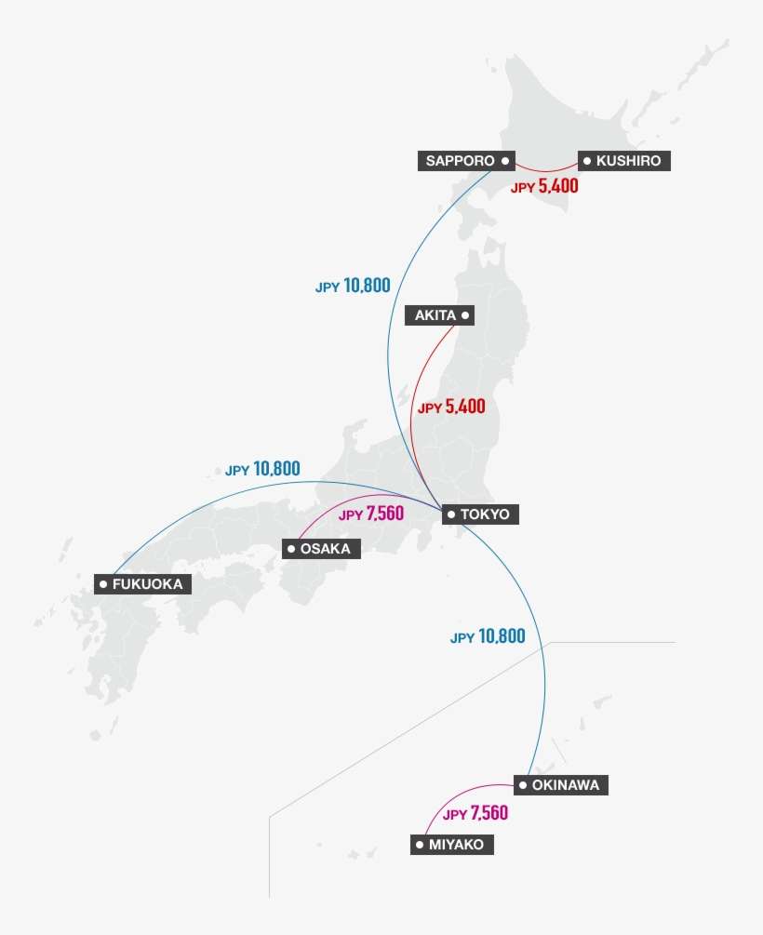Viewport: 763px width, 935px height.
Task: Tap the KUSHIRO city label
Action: [623, 161]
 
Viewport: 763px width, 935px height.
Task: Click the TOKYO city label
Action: [477, 514]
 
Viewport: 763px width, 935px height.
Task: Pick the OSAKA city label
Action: [320, 549]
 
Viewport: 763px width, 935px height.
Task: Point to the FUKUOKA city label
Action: [144, 584]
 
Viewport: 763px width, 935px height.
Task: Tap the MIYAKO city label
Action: [451, 845]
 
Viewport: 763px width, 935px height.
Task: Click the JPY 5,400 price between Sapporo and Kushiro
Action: [544, 186]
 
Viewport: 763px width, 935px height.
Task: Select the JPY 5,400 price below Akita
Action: [451, 407]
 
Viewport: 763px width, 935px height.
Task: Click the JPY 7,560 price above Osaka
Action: [371, 514]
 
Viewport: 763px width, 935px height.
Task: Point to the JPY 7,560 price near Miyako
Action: [475, 814]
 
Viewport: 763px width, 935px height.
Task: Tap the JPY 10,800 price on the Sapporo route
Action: [353, 287]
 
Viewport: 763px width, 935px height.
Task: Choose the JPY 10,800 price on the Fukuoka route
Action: [262, 469]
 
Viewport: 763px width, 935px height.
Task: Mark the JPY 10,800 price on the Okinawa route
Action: [488, 637]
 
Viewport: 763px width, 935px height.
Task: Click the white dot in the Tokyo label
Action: [450, 514]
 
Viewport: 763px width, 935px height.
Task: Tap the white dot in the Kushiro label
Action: [587, 161]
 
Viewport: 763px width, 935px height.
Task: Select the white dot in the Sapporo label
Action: [504, 161]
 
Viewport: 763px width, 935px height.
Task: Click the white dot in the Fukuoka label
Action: [102, 584]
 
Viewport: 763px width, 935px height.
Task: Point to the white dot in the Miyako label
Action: [420, 845]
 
